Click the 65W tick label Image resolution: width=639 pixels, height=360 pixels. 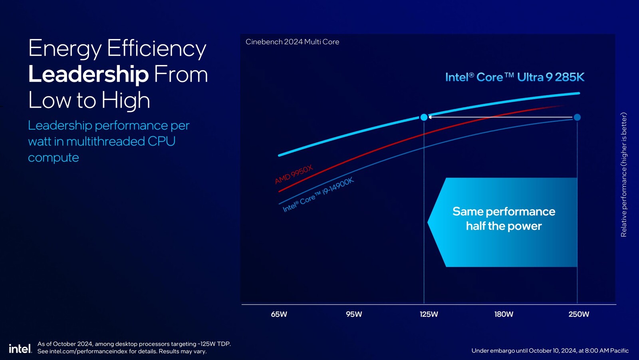tap(279, 314)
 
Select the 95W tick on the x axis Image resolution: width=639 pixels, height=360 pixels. tap(354, 314)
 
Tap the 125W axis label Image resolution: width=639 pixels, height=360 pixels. tap(429, 314)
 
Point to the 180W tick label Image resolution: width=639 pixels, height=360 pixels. tap(504, 314)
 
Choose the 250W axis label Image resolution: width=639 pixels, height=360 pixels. tap(579, 314)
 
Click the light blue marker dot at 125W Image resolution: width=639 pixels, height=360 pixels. tap(424, 117)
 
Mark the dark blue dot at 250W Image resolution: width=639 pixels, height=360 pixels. tap(577, 117)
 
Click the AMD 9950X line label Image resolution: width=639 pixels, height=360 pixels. tap(294, 175)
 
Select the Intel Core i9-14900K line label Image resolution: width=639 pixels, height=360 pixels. tap(318, 195)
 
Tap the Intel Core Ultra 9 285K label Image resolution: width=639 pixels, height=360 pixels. tap(514, 77)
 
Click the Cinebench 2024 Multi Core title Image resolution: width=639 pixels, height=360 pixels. tap(292, 42)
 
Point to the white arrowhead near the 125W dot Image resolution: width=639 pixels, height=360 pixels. tap(430, 117)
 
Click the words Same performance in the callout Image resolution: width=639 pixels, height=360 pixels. tap(504, 211)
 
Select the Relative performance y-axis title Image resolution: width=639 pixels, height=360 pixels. tap(623, 175)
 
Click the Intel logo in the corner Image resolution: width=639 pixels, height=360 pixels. tap(20, 348)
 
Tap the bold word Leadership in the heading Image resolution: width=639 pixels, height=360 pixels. tap(88, 74)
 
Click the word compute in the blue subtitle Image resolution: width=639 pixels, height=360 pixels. tap(54, 157)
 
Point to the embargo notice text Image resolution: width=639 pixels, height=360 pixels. tap(550, 350)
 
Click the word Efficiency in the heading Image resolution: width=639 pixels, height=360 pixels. tap(157, 48)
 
